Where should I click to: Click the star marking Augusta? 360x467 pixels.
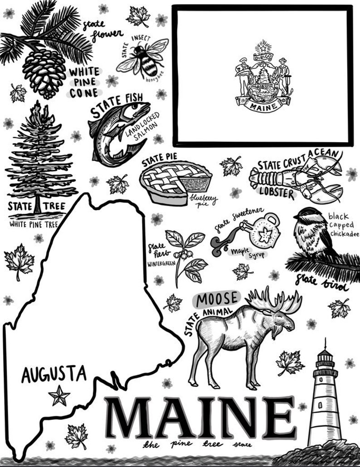pyautogui.click(x=59, y=395)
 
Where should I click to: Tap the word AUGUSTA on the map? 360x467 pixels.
pyautogui.click(x=54, y=375)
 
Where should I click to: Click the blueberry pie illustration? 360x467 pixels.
pyautogui.click(x=175, y=183)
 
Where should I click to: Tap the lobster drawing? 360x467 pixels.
pyautogui.click(x=295, y=179)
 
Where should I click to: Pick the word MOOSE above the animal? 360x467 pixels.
pyautogui.click(x=217, y=298)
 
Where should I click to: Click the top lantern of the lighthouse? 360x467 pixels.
pyautogui.click(x=325, y=358)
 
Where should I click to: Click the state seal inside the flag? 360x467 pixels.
pyautogui.click(x=263, y=80)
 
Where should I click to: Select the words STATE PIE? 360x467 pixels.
pyautogui.click(x=159, y=162)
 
